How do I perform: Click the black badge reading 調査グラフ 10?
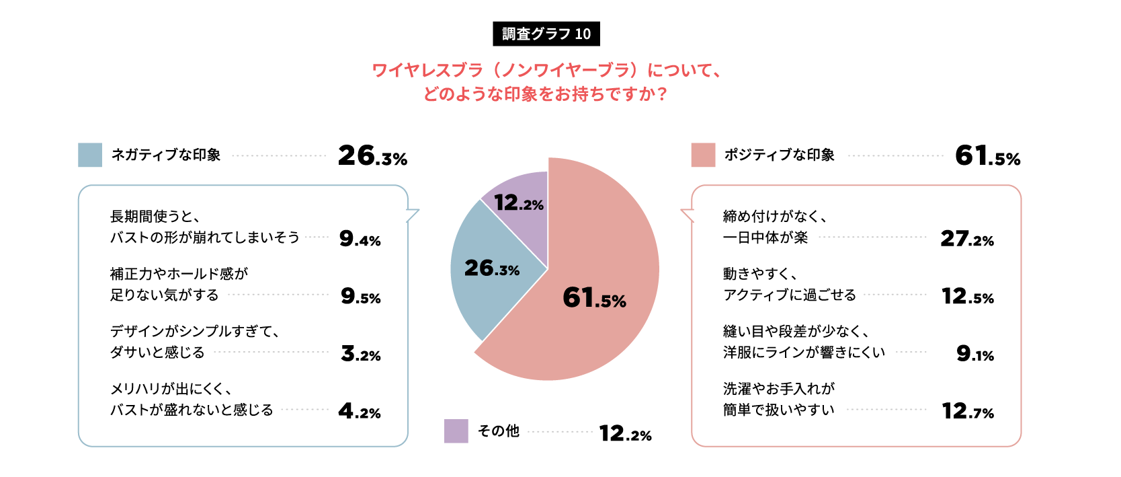tap(546, 34)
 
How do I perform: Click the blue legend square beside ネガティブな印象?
tap(90, 155)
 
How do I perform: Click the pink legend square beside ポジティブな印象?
tap(703, 155)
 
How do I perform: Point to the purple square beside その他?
tap(456, 431)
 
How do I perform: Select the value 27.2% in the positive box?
tap(966, 238)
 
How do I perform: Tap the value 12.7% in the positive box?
tap(967, 410)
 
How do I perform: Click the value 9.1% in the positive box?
tap(974, 353)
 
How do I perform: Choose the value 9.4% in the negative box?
tap(360, 238)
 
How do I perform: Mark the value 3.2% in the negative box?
tap(360, 353)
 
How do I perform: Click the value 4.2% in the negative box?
tap(359, 410)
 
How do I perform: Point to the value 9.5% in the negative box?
tap(360, 296)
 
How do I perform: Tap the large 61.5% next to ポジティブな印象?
tap(987, 156)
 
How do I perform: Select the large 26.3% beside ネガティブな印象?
tap(372, 156)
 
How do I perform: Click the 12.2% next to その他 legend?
tap(625, 433)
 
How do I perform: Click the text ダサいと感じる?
tap(157, 353)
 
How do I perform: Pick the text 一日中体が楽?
tap(765, 237)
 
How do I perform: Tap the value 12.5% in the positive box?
tap(967, 296)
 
